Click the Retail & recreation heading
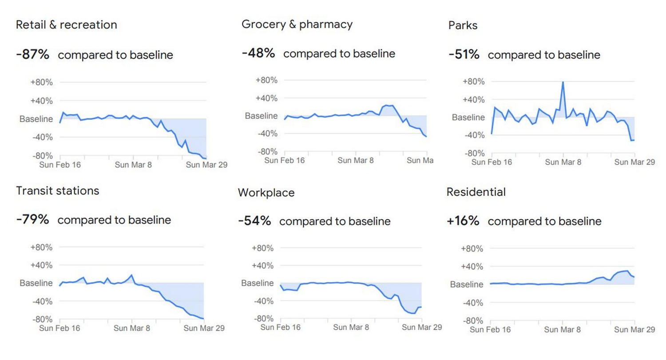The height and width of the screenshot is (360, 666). tap(67, 24)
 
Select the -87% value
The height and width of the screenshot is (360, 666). tap(33, 55)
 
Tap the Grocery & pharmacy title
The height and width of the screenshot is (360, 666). tap(297, 24)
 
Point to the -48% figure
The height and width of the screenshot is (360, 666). tap(258, 53)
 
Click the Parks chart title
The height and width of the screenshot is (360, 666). tap(463, 25)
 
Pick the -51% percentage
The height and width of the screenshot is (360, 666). tap(464, 55)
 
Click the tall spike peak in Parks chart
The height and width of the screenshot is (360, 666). tap(563, 82)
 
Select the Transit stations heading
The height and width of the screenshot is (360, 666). tap(57, 190)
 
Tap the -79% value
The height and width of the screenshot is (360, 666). tap(32, 219)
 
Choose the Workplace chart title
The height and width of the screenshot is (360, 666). tap(266, 193)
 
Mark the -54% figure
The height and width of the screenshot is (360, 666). tap(254, 221)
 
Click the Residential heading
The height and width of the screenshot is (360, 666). tap(476, 192)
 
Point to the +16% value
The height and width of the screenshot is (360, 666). tap(463, 221)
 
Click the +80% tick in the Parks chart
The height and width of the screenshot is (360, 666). tap(473, 82)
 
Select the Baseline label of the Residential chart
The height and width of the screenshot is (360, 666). tap(467, 285)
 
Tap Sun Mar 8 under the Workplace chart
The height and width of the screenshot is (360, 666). tap(351, 328)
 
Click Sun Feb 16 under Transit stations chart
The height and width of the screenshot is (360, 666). tap(60, 328)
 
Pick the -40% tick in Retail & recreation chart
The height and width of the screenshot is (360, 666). tap(43, 137)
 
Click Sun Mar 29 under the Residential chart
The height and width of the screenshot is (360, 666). tap(634, 329)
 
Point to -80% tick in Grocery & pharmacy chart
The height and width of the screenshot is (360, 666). tap(267, 151)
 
